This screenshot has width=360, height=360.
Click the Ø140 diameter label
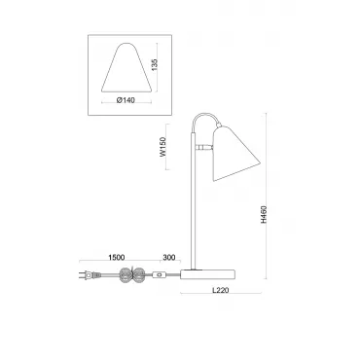[x=126, y=100]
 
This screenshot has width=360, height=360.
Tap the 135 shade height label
[x=154, y=65]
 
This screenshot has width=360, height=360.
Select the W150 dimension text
[x=162, y=147]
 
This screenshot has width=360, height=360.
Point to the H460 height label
[x=264, y=214]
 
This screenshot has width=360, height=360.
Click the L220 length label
[x=221, y=290]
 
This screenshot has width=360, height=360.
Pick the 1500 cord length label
[x=116, y=258]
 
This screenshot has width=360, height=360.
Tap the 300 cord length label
[x=169, y=258]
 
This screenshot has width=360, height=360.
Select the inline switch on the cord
[x=159, y=274]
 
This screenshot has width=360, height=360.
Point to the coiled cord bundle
[x=131, y=275]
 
